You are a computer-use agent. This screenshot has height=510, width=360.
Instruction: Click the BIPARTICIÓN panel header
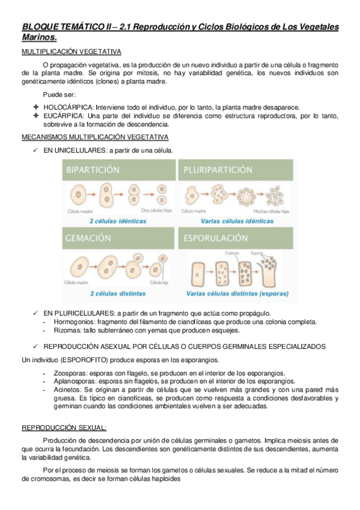(94, 170)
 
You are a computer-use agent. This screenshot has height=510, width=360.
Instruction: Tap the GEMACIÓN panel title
(88, 239)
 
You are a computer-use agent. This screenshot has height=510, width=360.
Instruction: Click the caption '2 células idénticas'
(118, 221)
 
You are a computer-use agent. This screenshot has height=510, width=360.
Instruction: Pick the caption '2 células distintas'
(118, 294)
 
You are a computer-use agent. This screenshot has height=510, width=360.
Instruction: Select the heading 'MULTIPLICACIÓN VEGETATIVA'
(72, 52)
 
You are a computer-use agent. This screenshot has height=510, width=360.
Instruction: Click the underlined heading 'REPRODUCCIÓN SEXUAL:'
(64, 428)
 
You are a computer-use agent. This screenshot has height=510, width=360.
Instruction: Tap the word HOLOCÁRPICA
(67, 106)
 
